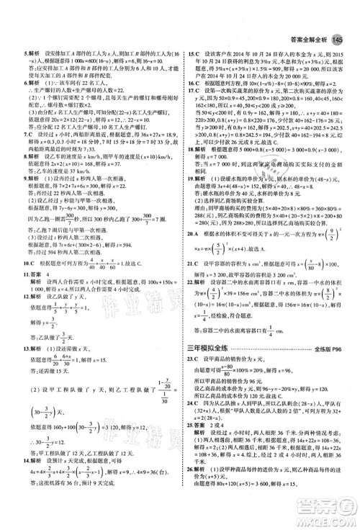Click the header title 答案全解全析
pos(309,40)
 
